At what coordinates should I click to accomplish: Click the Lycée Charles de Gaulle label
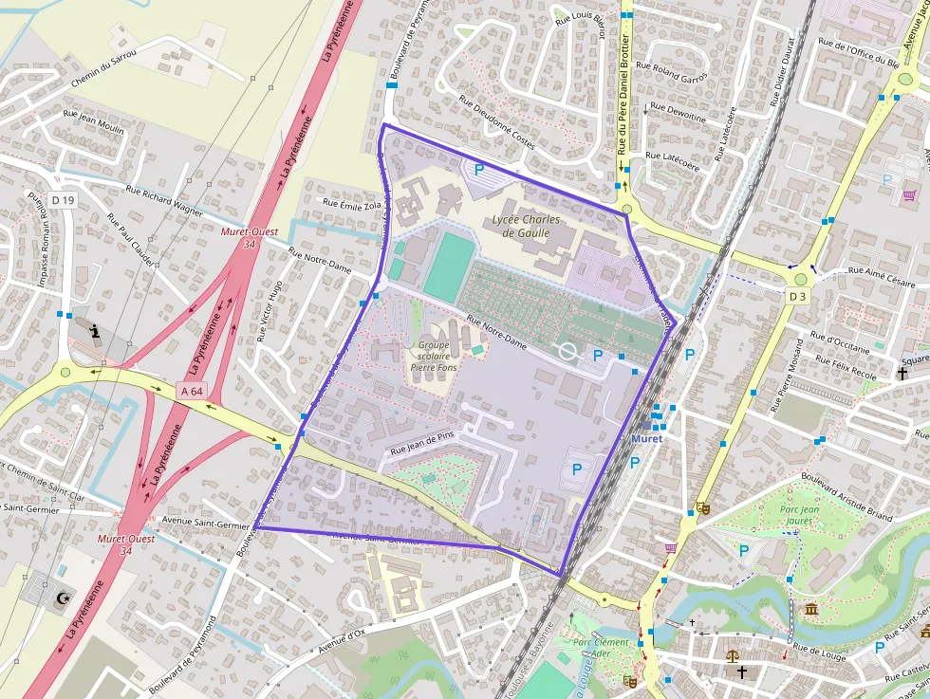click(526, 227)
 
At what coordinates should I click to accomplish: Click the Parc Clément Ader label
click(601, 648)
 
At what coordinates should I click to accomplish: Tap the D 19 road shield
click(63, 200)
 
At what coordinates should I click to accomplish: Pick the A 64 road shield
click(191, 390)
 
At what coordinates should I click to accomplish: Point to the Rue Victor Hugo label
click(269, 311)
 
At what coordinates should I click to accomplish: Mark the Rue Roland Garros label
click(671, 72)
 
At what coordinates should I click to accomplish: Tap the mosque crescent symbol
click(64, 598)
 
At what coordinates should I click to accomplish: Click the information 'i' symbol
click(95, 331)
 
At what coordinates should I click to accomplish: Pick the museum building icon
click(811, 608)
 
